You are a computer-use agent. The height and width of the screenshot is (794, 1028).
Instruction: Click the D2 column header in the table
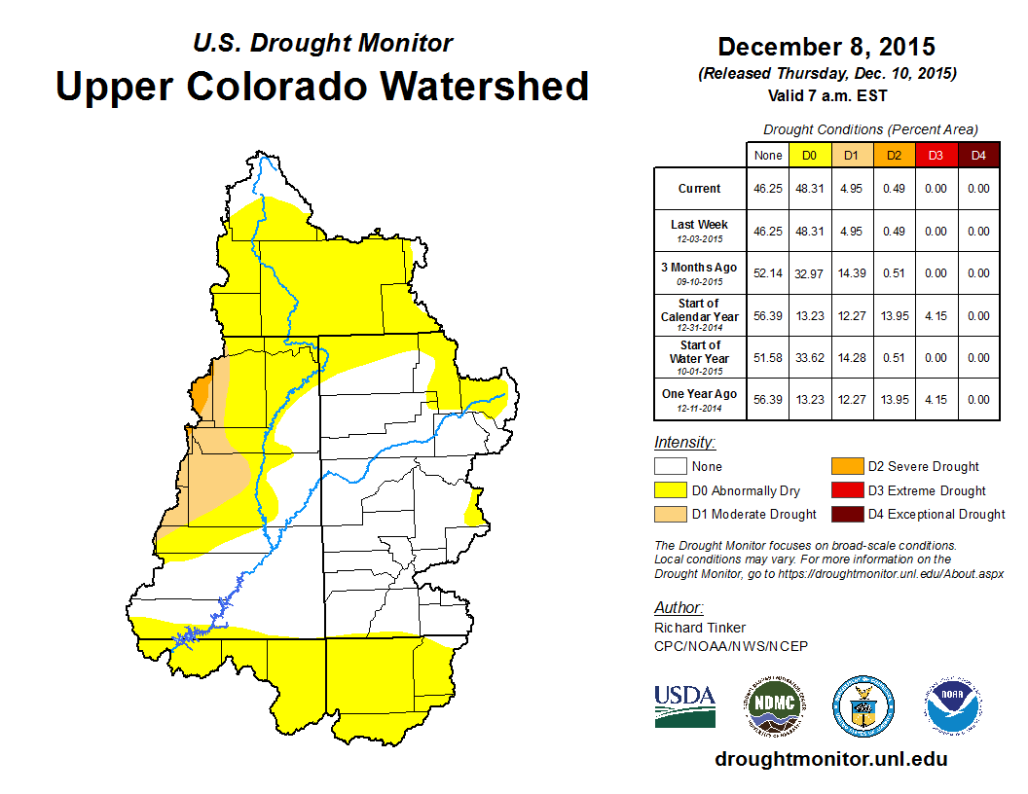coord(895,155)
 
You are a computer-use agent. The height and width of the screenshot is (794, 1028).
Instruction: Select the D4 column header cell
coord(977,155)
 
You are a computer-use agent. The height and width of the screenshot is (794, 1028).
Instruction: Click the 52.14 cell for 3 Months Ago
coord(768,273)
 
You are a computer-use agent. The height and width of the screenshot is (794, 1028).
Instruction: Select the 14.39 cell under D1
coord(852,273)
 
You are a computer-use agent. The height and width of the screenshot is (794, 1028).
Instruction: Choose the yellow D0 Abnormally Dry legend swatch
coord(670,490)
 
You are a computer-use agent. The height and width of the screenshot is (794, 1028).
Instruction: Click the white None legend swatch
coord(670,467)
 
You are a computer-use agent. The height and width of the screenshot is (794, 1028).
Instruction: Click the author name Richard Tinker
coord(700,628)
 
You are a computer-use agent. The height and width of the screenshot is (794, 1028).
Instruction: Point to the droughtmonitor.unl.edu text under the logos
coord(830,759)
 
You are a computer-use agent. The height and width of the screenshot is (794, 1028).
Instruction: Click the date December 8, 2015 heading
coord(826,46)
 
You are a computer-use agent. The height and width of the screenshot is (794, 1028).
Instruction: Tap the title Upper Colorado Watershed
coord(322,86)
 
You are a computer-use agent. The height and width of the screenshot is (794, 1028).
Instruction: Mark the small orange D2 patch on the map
coord(201,396)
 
